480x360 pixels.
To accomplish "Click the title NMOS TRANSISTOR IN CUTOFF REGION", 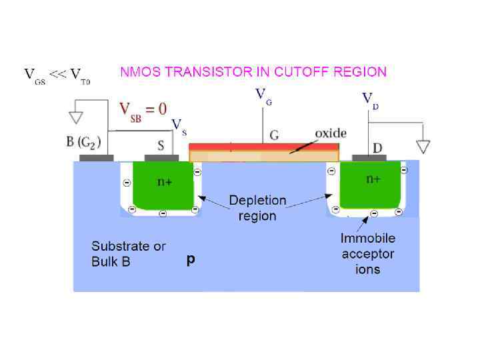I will pyautogui.click(x=253, y=71).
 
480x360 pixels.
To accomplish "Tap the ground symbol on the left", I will pyautogui.click(x=76, y=117).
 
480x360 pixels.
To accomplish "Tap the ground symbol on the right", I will pyautogui.click(x=423, y=146).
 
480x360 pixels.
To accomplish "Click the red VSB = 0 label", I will pyautogui.click(x=143, y=109).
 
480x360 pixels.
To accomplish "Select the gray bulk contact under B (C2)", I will pyautogui.click(x=96, y=158).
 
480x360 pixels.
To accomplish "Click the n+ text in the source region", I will pyautogui.click(x=164, y=182).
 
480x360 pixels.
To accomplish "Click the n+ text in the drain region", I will pyautogui.click(x=373, y=179).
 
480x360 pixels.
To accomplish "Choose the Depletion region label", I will pyautogui.click(x=257, y=207).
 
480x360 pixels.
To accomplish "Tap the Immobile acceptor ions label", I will pyautogui.click(x=367, y=253).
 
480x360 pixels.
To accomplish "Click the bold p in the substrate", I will pyautogui.click(x=191, y=261).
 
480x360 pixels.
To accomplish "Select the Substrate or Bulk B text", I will pyautogui.click(x=129, y=254).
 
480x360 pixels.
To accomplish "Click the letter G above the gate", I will pyautogui.click(x=274, y=136).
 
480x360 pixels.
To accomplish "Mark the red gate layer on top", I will pyautogui.click(x=264, y=145).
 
